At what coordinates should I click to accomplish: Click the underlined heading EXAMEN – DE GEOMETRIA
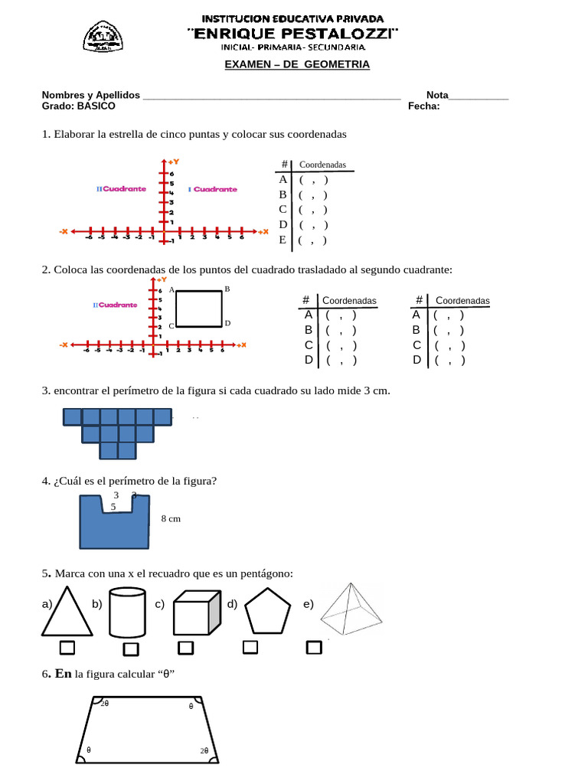296,64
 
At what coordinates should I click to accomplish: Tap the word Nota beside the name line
437,95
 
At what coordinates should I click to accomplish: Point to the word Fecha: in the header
424,106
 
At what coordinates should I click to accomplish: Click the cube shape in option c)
197,612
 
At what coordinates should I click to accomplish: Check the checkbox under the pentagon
250,648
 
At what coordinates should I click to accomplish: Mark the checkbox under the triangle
67,648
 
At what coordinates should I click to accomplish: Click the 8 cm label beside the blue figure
171,518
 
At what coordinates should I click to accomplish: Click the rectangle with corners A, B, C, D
199,308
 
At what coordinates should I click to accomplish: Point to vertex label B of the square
227,289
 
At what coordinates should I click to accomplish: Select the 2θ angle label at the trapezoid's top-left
105,703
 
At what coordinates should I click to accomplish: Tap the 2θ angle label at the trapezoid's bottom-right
204,751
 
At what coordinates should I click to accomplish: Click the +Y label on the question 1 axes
174,162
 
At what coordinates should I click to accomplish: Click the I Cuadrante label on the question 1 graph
213,189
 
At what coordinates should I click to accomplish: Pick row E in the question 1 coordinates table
283,240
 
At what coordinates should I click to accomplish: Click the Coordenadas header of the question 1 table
322,165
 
